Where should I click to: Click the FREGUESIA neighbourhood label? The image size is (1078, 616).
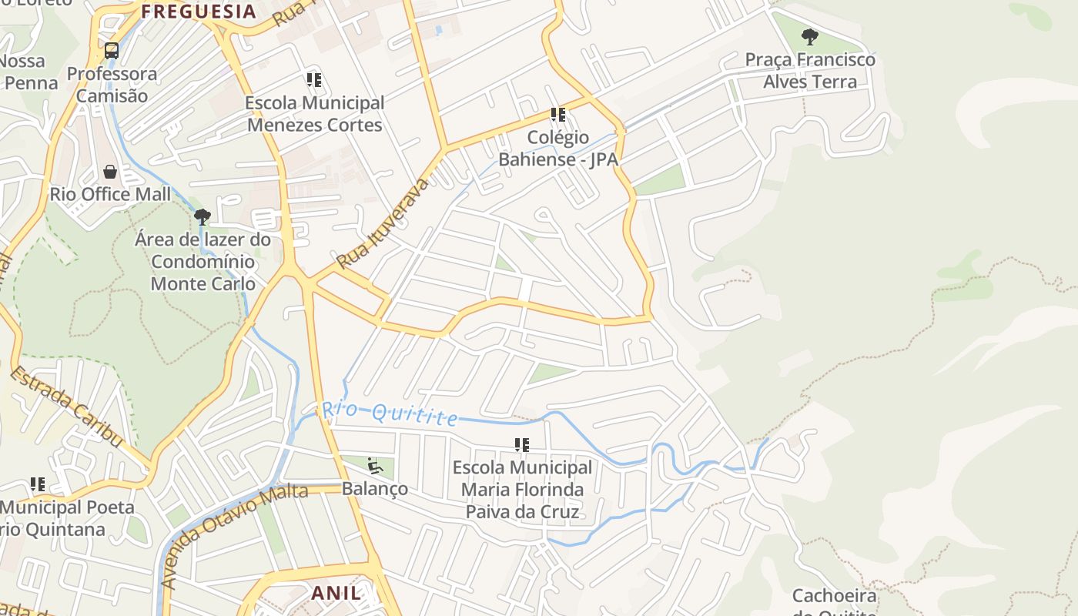coord(199,12)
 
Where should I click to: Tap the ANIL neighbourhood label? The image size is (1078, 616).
coord(336,593)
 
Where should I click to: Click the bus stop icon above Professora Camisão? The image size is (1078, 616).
coord(112,52)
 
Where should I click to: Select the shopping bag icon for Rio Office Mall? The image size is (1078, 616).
coord(110,172)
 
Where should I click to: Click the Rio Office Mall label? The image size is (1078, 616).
coord(110,194)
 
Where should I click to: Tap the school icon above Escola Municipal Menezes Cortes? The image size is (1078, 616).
coord(313,80)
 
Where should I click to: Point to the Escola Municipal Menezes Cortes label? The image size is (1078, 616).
coord(314,114)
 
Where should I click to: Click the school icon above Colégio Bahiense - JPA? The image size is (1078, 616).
coord(558,115)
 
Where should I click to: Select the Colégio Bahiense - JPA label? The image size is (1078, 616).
coord(558,149)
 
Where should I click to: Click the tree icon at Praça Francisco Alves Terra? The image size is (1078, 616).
coord(809,36)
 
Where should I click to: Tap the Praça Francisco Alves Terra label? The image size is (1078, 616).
coord(809,70)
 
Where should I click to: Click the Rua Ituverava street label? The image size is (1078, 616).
coord(383,223)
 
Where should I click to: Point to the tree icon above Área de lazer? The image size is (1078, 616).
coord(203,217)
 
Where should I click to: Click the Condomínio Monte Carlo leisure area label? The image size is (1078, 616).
coord(203,262)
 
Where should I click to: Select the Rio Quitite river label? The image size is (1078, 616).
coord(390,413)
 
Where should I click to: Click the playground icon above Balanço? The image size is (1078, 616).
coord(374,465)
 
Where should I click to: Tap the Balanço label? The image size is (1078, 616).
coord(374,489)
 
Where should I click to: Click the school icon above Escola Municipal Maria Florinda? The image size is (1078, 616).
coord(522,445)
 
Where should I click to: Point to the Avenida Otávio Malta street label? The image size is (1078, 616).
coord(236,535)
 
